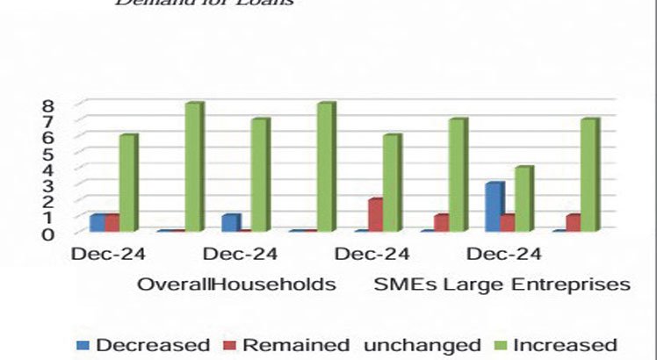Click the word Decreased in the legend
[152, 344]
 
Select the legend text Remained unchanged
[362, 344]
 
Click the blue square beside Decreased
[83, 345]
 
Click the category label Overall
[173, 285]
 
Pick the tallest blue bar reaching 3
[495, 207]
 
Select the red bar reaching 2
[375, 215]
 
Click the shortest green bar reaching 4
[523, 199]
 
